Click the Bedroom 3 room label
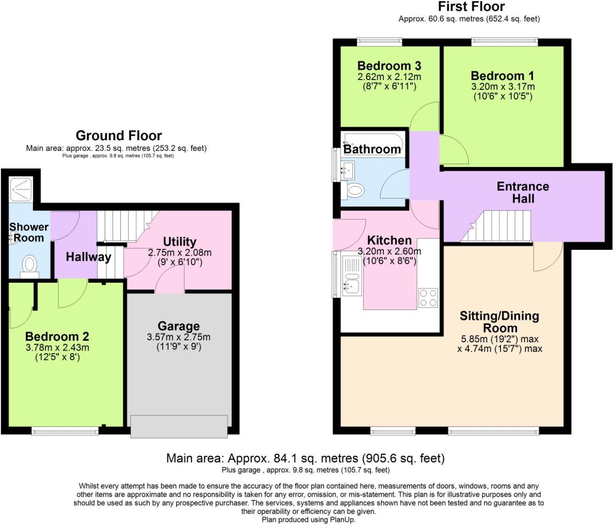(x=389, y=66)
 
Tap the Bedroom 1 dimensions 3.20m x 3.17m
(x=503, y=86)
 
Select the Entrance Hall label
(x=523, y=192)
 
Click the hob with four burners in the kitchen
(x=428, y=298)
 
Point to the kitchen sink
(x=352, y=286)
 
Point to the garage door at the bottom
(x=179, y=426)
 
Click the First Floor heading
(x=471, y=7)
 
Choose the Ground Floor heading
(x=119, y=136)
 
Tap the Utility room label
(x=179, y=241)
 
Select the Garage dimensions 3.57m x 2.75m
(x=178, y=337)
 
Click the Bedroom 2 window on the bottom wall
(x=65, y=431)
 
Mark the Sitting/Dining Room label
(x=500, y=322)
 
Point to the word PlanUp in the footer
(x=341, y=520)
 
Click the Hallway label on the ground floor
(x=88, y=257)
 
